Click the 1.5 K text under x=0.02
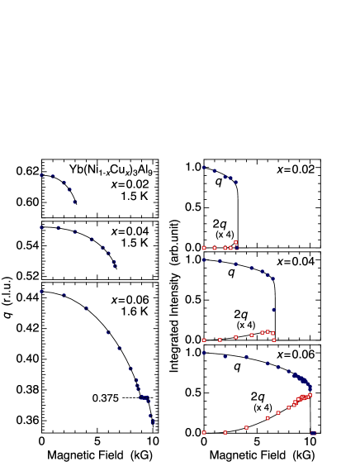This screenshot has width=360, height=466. pos(134,197)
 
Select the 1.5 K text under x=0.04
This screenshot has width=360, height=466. pos(134,243)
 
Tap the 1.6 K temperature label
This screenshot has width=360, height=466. pos(134,311)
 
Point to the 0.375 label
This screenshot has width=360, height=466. pos(105,398)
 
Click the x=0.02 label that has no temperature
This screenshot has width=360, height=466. pos(296,169)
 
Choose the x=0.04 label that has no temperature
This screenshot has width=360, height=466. pos(296,262)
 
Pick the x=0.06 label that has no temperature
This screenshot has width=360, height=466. pos(296,354)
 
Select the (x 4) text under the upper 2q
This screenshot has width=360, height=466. pos(225,235)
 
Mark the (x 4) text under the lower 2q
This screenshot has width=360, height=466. pos(246,325)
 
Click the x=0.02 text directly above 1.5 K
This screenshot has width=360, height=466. pos(130,184)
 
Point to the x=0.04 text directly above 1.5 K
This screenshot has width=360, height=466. pos(130,231)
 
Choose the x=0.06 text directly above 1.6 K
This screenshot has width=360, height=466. pos(130,299)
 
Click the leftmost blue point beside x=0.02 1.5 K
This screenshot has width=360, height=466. pos(41,174)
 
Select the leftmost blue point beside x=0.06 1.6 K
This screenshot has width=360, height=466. pos(41,292)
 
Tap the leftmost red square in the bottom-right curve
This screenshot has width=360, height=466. pos(204,432)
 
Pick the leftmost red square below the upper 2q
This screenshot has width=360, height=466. pos(204,248)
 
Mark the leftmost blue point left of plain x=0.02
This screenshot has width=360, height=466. pos(204,167)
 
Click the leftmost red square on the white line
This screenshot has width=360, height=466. pos(204,340)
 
